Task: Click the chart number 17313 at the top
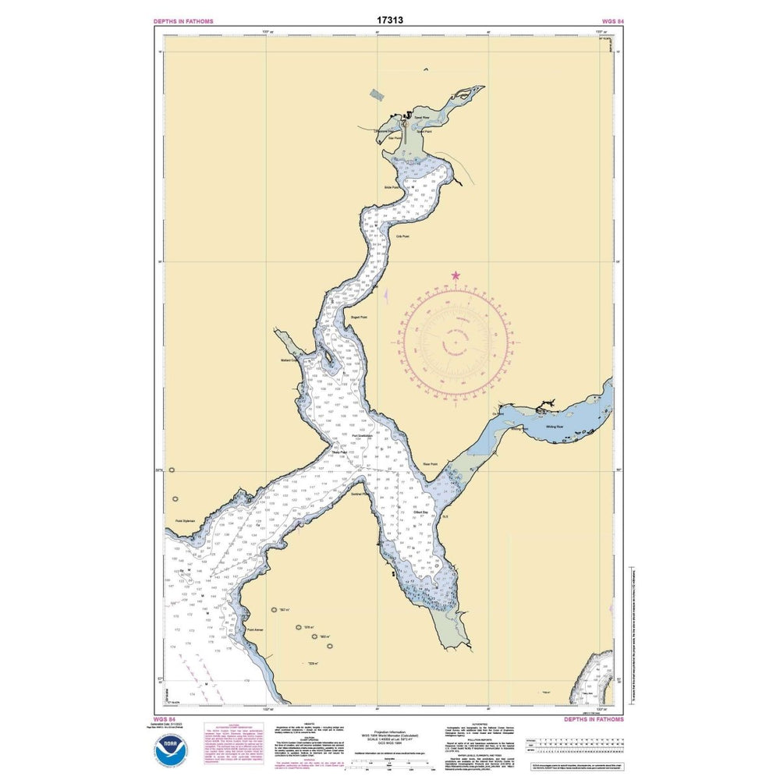coord(389,19)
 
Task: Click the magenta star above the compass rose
coord(456,275)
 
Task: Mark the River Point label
coord(431,464)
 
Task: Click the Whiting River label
coord(555,427)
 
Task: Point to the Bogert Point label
coord(360,317)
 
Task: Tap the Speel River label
coord(422,118)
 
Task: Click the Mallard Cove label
coord(290,360)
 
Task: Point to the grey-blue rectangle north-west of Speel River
coord(378,94)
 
